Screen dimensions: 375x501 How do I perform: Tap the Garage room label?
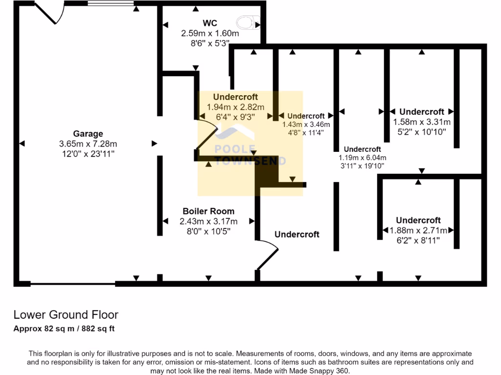tap(88, 134)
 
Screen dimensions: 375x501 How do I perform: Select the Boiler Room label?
tap(208, 211)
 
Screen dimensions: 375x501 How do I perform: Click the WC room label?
tap(210, 23)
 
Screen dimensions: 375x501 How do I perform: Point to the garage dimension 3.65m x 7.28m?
tap(88, 144)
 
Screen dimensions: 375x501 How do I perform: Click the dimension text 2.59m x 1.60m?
tap(210, 34)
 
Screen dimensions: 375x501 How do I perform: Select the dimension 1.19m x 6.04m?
tap(363, 158)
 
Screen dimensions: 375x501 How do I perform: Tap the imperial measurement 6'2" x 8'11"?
tap(418, 240)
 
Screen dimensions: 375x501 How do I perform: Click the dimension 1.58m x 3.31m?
tap(422, 122)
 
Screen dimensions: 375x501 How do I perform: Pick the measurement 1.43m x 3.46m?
tap(306, 125)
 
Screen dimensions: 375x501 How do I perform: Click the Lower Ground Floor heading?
tap(66, 315)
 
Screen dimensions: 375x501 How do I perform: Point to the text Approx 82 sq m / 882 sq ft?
tap(64, 329)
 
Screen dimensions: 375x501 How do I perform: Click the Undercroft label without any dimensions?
tap(296, 234)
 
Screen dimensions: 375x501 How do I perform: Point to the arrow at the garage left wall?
tap(22, 143)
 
